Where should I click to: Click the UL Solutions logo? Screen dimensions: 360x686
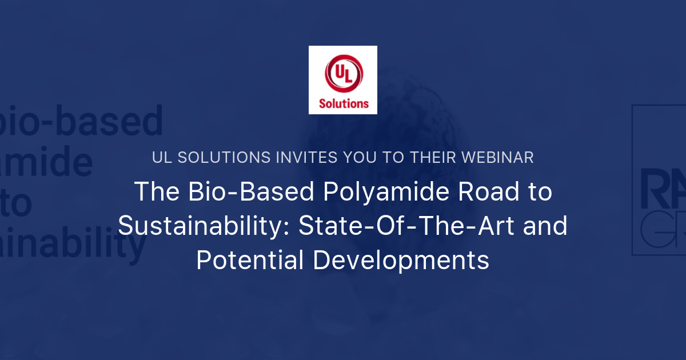coord(343,80)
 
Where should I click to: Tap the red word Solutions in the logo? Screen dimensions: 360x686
coord(343,103)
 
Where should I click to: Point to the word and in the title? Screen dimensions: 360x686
coord(547,226)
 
